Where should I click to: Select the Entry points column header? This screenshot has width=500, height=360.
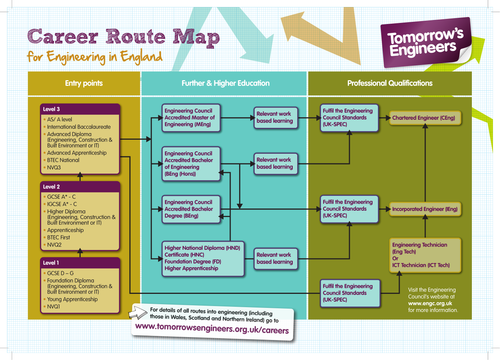point(70,81)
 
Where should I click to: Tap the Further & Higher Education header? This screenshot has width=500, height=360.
point(223,81)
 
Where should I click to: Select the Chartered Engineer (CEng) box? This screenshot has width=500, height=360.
point(424,118)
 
